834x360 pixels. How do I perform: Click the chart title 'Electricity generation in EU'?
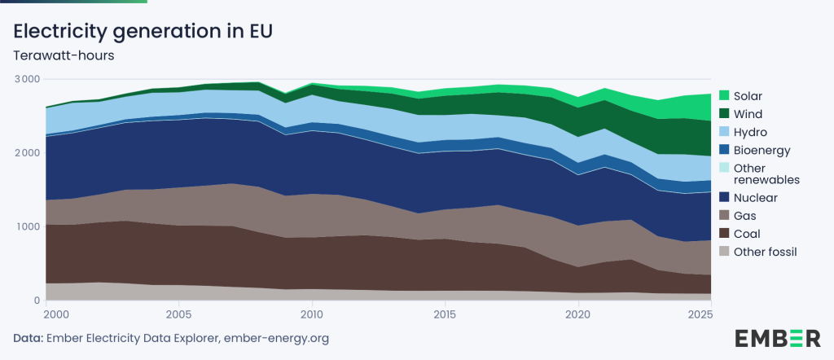[143, 32]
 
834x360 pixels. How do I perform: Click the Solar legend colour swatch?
[722, 96]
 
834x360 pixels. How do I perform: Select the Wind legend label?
[748, 114]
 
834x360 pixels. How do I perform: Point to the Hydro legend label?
[750, 132]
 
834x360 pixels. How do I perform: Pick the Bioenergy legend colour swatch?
[722, 150]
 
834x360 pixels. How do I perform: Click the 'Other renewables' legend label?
[766, 173]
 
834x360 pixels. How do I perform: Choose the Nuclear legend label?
[755, 198]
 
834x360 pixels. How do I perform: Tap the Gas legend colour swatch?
[722, 216]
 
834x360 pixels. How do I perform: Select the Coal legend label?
[747, 234]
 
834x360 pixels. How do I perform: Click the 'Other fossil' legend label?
[765, 252]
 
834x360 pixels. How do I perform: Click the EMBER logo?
[778, 337]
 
